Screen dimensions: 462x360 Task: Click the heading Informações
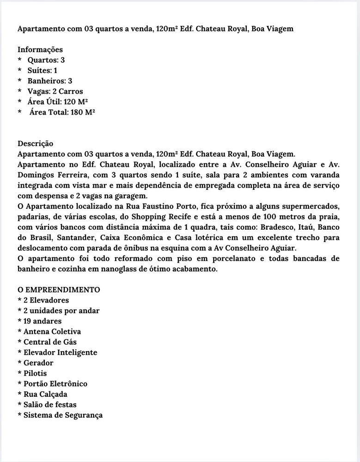click(x=40, y=49)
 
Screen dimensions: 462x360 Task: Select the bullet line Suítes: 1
click(x=42, y=70)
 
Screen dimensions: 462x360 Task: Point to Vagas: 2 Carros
click(x=55, y=91)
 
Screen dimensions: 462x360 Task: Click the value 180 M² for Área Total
click(x=83, y=112)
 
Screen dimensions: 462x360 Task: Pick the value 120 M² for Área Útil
click(x=76, y=102)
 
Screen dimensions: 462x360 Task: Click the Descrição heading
click(x=36, y=144)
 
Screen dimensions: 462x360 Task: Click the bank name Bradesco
click(x=278, y=227)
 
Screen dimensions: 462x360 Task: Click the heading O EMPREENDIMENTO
click(x=59, y=290)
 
